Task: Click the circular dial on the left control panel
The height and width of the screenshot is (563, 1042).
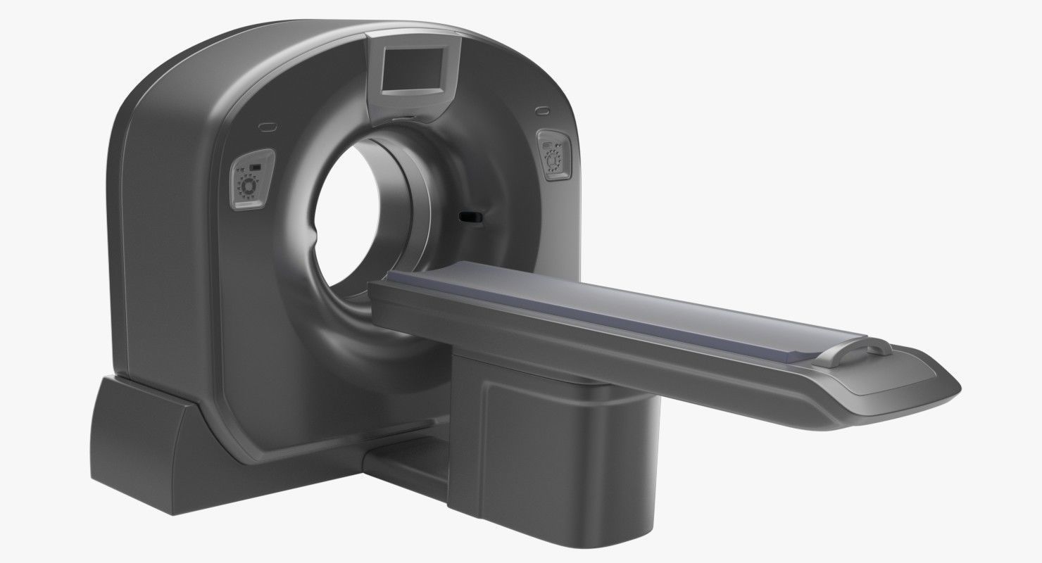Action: [249, 187]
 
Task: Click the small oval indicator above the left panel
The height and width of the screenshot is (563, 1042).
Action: [268, 127]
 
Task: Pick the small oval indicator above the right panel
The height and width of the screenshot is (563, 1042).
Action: [541, 110]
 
